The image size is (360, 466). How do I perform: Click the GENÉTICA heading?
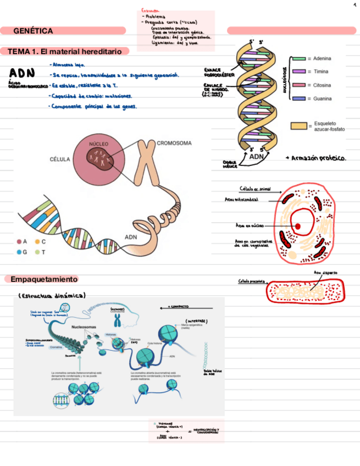[x=33, y=31]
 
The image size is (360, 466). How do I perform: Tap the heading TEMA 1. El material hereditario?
[x=65, y=51]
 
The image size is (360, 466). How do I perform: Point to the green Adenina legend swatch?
[x=298, y=58]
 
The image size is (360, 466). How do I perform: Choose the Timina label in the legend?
[x=322, y=71]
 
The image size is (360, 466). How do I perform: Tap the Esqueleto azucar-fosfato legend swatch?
[x=298, y=126]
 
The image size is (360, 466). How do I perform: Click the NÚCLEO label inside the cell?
[x=99, y=143]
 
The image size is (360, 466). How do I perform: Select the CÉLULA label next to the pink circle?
[x=59, y=159]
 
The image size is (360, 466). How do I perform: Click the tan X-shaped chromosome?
[x=146, y=163]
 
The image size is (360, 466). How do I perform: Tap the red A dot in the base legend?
[x=19, y=241]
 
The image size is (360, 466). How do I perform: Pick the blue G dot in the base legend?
[x=19, y=252]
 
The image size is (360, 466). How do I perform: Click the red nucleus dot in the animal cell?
[x=297, y=226]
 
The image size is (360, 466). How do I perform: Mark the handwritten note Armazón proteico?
[x=317, y=158]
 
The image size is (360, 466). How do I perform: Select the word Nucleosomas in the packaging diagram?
[x=84, y=326]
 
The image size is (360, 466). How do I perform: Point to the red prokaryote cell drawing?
[x=304, y=291]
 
